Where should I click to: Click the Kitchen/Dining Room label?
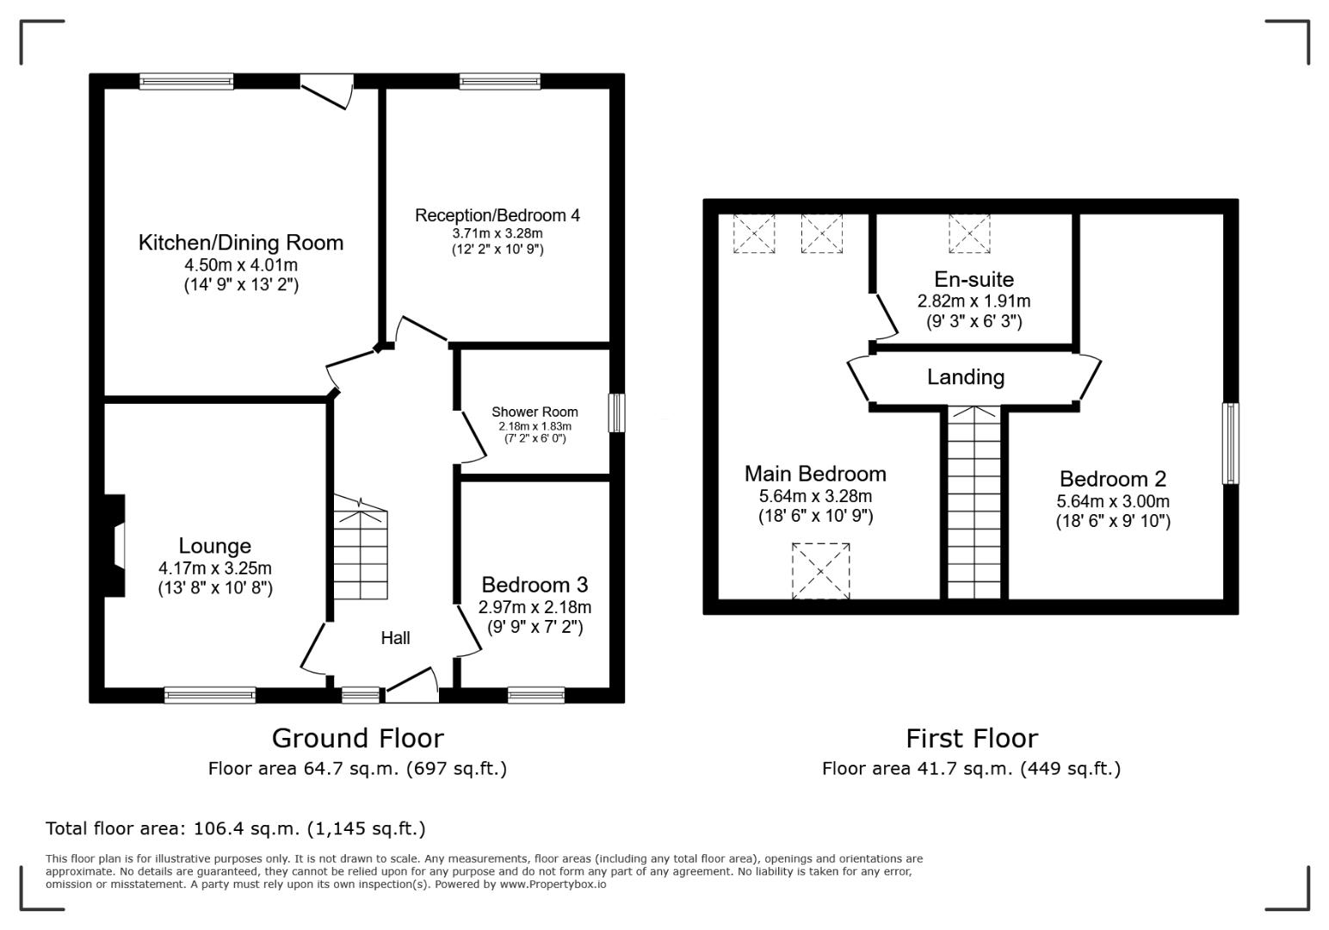pos(241,243)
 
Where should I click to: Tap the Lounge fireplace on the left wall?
pos(114,545)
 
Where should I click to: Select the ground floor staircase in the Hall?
pos(360,547)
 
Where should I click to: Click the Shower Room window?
pos(617,412)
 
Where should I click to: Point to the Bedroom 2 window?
pos(1231,443)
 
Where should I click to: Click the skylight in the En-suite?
pos(969,233)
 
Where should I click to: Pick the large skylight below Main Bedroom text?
pos(820,571)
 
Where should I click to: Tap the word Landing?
pos(966,377)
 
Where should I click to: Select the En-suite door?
pos(887,317)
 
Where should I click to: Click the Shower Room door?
pos(474,437)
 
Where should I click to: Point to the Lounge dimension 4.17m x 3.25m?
pos(215,568)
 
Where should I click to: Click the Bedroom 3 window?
pos(535,695)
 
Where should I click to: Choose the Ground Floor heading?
pos(358,738)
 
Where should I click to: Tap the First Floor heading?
pos(972,738)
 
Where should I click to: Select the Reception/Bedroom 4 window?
pos(499,81)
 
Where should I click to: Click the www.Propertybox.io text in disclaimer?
pos(553,884)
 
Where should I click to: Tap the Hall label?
pos(395,638)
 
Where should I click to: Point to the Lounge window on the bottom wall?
pos(210,695)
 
